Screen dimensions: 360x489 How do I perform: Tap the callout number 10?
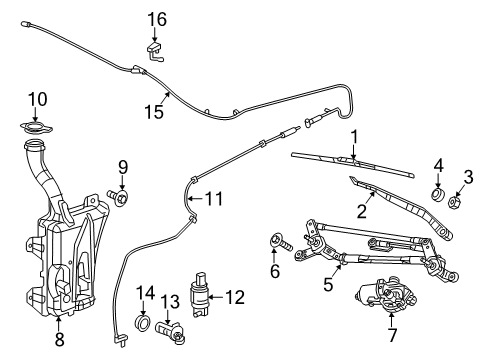click(37, 98)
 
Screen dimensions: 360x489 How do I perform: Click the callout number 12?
click(235, 296)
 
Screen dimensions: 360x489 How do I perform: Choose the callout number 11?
click(212, 198)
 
